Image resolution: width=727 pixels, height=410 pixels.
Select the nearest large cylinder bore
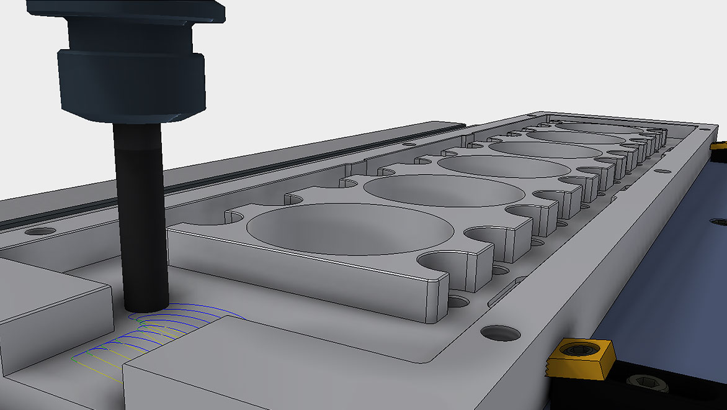350,229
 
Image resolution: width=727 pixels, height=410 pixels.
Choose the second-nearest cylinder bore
444,191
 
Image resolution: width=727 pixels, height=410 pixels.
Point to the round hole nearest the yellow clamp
500,333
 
